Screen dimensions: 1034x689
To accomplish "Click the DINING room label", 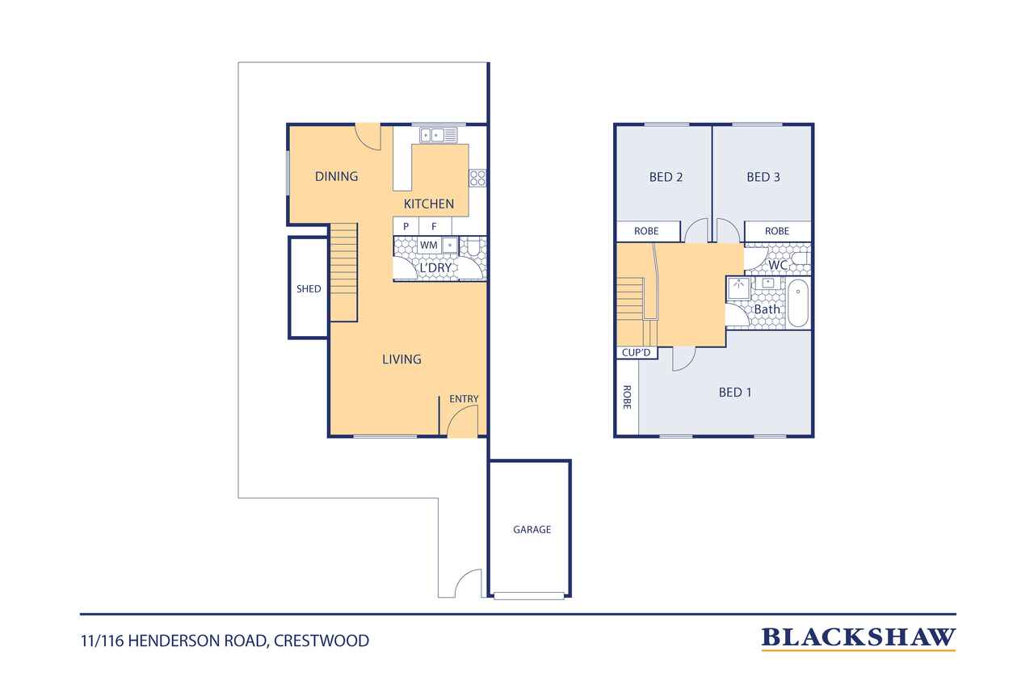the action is (336, 176).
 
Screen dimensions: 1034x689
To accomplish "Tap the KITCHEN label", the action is (429, 204).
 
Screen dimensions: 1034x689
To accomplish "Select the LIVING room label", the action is (401, 359).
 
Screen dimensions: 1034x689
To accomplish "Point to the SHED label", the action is (309, 289).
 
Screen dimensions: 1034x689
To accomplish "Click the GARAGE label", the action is (532, 529).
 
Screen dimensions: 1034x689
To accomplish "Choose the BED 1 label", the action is (735, 393).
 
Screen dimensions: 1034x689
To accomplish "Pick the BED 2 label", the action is (666, 177).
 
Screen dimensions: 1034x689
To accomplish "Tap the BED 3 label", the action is (763, 177).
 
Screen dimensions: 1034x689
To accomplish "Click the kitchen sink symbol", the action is (438, 135).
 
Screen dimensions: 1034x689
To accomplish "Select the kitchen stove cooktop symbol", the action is (477, 179).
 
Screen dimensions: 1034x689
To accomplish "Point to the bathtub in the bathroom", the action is (797, 303).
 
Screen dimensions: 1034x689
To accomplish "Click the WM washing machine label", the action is (428, 246).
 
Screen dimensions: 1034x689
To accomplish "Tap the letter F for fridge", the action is (434, 227).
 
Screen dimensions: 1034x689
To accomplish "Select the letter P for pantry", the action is (406, 227).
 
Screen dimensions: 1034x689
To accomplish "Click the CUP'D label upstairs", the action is (636, 352).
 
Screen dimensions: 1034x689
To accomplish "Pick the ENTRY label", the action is (464, 399).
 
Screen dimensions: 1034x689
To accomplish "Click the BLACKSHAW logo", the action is (858, 638).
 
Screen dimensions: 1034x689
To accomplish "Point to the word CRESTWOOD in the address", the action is (322, 641).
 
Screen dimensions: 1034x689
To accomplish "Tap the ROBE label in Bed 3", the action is (777, 231).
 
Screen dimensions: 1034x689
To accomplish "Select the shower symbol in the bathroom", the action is (738, 289).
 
